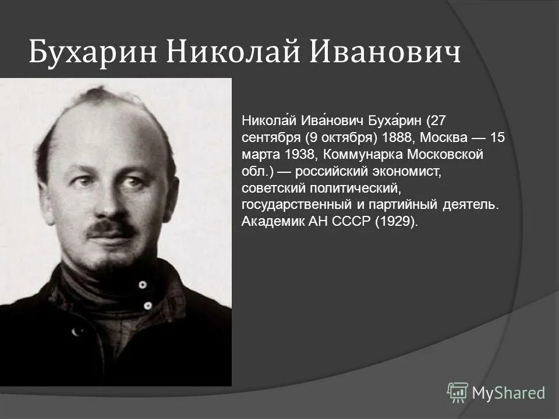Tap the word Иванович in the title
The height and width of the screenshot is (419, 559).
coord(384,53)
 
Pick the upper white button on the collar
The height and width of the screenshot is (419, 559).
coord(142,285)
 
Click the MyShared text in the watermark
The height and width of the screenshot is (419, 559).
coord(508,393)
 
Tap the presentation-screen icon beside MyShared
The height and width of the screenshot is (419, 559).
coord(458,392)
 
